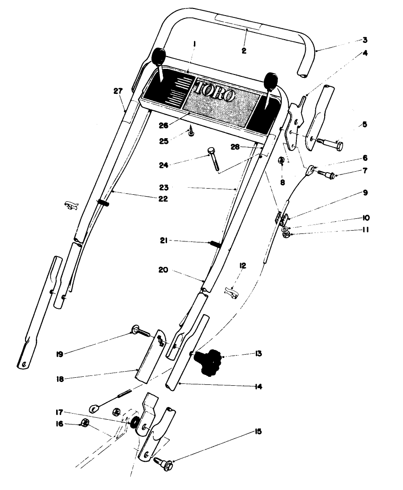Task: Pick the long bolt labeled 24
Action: pyautogui.click(x=213, y=159)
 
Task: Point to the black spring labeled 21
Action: pyautogui.click(x=216, y=244)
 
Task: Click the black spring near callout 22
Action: pyautogui.click(x=103, y=202)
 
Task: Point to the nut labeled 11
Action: pyautogui.click(x=286, y=233)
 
